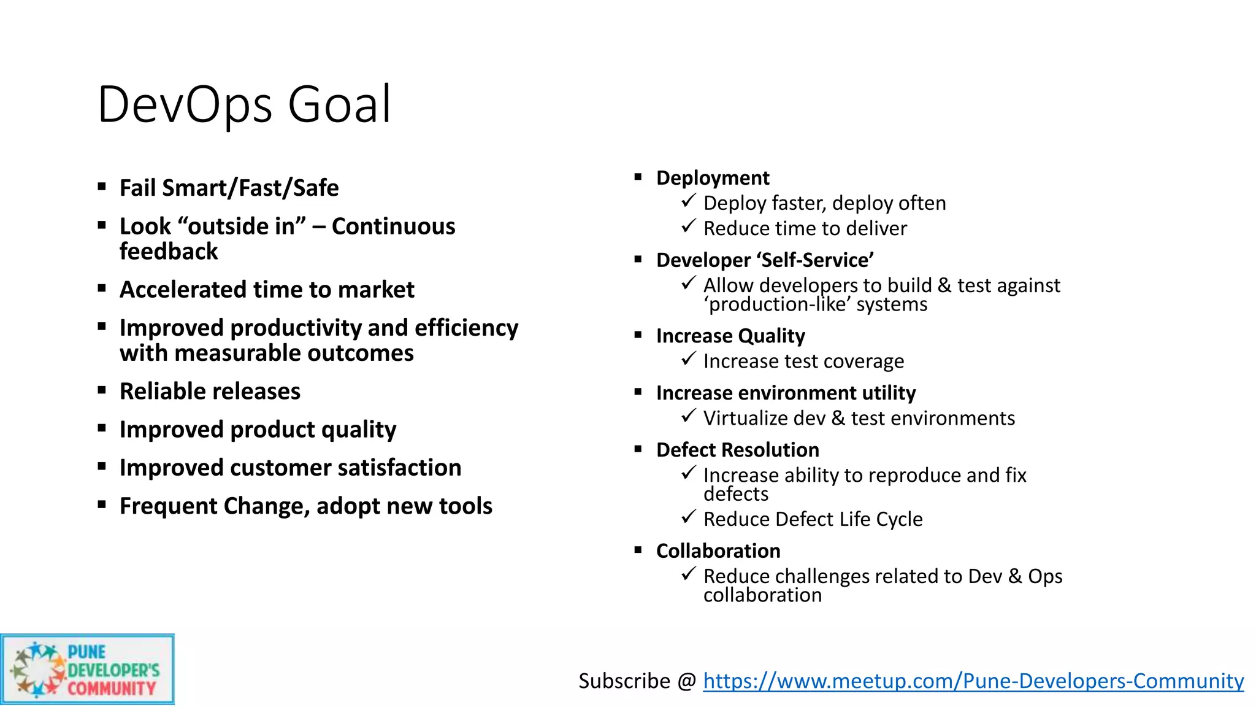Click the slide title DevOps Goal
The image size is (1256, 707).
click(244, 104)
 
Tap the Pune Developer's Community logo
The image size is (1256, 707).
click(87, 670)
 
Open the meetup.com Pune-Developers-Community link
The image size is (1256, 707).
click(973, 681)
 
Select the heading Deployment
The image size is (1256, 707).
click(713, 178)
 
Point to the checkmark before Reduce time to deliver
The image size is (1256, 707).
click(688, 226)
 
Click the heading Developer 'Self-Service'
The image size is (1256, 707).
click(765, 260)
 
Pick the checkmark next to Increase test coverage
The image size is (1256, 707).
click(688, 359)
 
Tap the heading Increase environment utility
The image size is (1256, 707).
click(786, 393)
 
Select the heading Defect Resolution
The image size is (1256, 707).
click(737, 450)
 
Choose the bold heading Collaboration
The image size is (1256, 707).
click(718, 551)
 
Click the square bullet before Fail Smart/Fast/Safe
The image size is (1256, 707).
click(102, 187)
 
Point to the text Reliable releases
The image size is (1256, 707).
click(210, 392)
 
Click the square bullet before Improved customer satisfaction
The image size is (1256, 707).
click(102, 466)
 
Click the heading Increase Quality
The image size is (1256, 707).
click(730, 336)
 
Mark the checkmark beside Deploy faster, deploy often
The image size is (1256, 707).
click(688, 201)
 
